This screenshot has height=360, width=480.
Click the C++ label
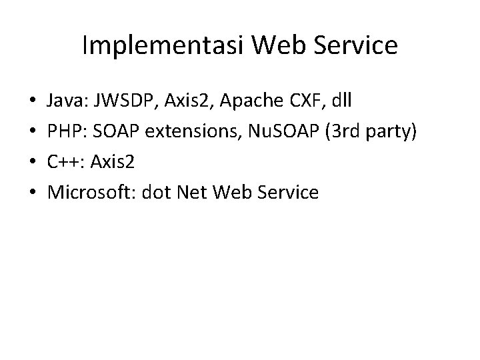(x=65, y=163)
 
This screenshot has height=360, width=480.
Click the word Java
(x=64, y=103)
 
